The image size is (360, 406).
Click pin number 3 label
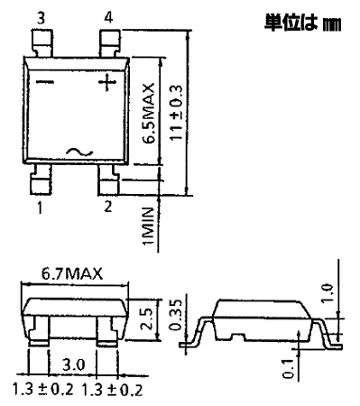pos(41,18)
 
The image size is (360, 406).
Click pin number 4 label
pos(108,17)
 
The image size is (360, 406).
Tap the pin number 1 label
pos(40,208)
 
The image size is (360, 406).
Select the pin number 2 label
pos(107,207)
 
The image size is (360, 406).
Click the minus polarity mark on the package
pos(45,82)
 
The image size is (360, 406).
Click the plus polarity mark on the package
pos(107,82)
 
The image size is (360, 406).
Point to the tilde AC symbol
pos(79,152)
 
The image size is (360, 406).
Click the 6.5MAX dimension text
pos(148,112)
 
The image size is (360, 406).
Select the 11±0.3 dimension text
pos(176,113)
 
